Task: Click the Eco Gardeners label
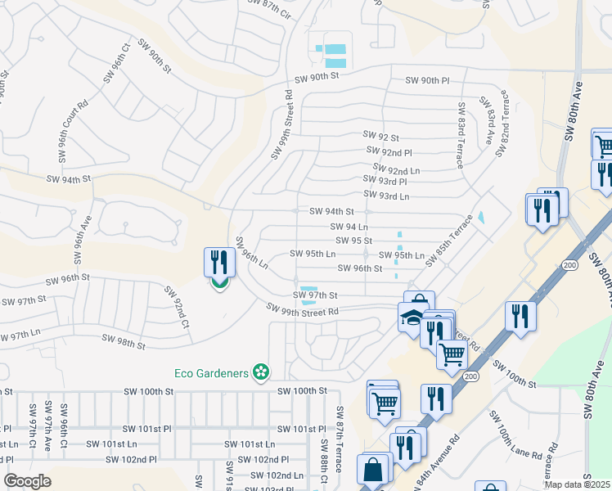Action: [211, 373]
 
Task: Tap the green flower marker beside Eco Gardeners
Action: [261, 373]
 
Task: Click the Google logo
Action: [27, 481]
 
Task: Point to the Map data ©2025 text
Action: [577, 484]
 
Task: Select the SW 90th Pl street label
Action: [428, 80]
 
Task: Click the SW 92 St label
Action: [380, 137]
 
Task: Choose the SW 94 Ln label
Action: [349, 226]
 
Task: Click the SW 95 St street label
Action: [354, 241]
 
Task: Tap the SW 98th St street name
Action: [123, 341]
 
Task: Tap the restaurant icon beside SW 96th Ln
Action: [218, 263]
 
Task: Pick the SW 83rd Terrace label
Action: [461, 134]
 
